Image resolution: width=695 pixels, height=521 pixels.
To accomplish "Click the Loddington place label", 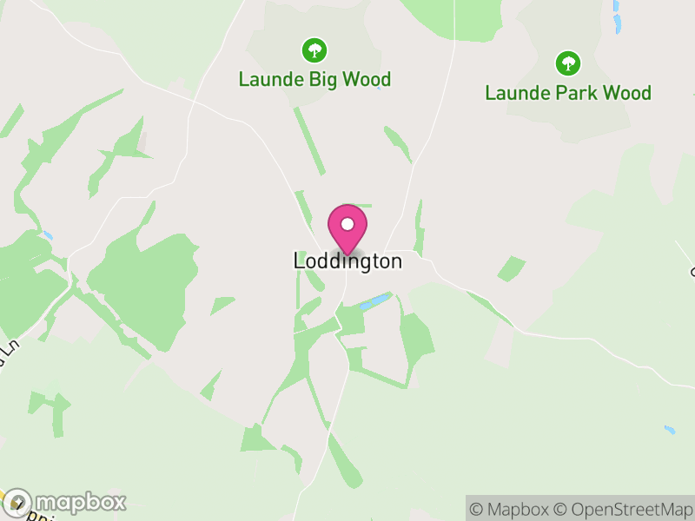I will (x=347, y=261).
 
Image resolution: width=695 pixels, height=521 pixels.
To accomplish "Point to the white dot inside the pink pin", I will (x=347, y=224).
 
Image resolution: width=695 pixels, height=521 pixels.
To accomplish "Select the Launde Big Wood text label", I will (x=314, y=80).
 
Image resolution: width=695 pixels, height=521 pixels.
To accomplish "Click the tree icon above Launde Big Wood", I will (x=314, y=50).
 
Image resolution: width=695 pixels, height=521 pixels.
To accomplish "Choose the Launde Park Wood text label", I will (x=568, y=93).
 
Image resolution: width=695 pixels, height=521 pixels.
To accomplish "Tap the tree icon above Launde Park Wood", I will (x=568, y=63).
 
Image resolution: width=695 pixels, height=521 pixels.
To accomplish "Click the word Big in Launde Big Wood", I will (x=320, y=80).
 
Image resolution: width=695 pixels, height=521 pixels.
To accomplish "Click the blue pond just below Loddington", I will (x=376, y=302).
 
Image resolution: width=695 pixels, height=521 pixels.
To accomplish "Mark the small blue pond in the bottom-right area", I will (x=669, y=430).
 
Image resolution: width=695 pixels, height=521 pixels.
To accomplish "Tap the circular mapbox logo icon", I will (x=18, y=502).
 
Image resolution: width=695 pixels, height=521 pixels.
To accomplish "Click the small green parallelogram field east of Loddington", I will (x=512, y=268).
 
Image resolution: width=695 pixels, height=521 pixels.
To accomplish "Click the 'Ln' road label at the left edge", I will (x=9, y=351).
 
